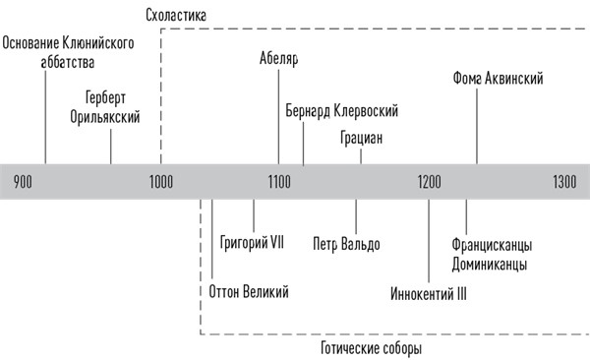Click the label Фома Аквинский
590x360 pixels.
pyautogui.click(x=499, y=77)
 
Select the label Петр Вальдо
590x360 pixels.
pyautogui.click(x=346, y=243)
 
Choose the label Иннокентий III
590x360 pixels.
pyautogui.click(x=428, y=291)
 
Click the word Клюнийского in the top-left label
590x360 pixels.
pyautogui.click(x=96, y=44)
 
